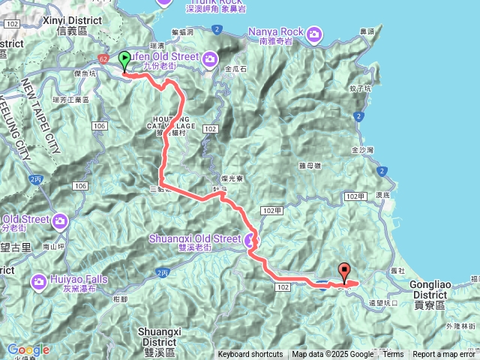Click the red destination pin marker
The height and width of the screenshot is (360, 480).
345,271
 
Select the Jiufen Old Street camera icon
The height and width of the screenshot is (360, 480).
210,58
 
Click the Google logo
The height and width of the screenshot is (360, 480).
28,349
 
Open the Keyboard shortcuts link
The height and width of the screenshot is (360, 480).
250,355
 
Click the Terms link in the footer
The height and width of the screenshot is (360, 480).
393,355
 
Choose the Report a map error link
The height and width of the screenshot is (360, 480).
444,355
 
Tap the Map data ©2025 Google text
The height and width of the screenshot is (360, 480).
332,355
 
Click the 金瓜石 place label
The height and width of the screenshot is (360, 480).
235,68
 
